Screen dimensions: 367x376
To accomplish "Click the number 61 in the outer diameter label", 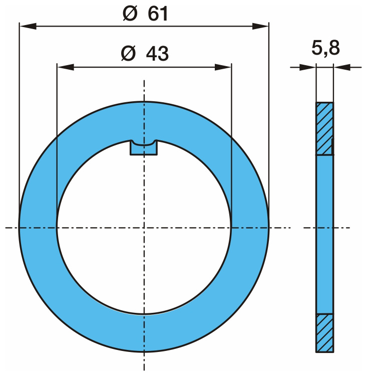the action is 158,14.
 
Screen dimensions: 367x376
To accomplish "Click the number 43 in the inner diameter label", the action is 157,54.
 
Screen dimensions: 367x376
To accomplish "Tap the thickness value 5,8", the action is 325,48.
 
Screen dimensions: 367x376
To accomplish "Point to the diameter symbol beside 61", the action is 130,14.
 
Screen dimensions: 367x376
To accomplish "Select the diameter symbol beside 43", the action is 128,53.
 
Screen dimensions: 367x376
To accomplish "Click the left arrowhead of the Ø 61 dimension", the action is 28,26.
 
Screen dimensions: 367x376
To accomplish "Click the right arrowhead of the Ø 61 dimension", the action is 260,26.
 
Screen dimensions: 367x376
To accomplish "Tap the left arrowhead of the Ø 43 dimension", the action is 66,67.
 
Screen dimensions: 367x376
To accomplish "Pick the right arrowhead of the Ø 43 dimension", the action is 223,67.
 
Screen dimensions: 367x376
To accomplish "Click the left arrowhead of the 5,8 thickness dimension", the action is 307,67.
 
